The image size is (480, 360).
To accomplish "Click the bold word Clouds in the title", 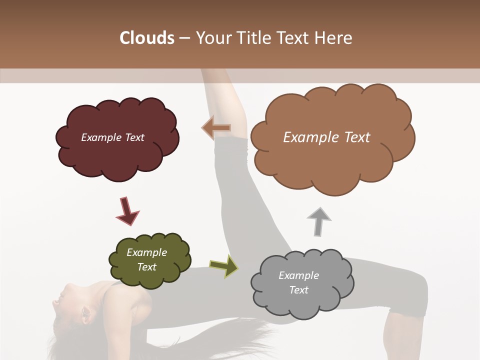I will (x=146, y=38).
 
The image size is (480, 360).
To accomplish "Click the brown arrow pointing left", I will (x=216, y=128).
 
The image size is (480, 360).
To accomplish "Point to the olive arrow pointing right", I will (x=224, y=266).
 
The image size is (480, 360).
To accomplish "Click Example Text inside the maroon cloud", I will (x=112, y=137).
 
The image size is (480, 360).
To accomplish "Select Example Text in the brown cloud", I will (x=326, y=137).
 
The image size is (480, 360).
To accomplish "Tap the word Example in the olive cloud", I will (x=146, y=252).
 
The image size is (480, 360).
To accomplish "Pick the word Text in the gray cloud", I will (x=298, y=290).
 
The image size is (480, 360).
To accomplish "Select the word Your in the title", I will (x=210, y=38).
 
